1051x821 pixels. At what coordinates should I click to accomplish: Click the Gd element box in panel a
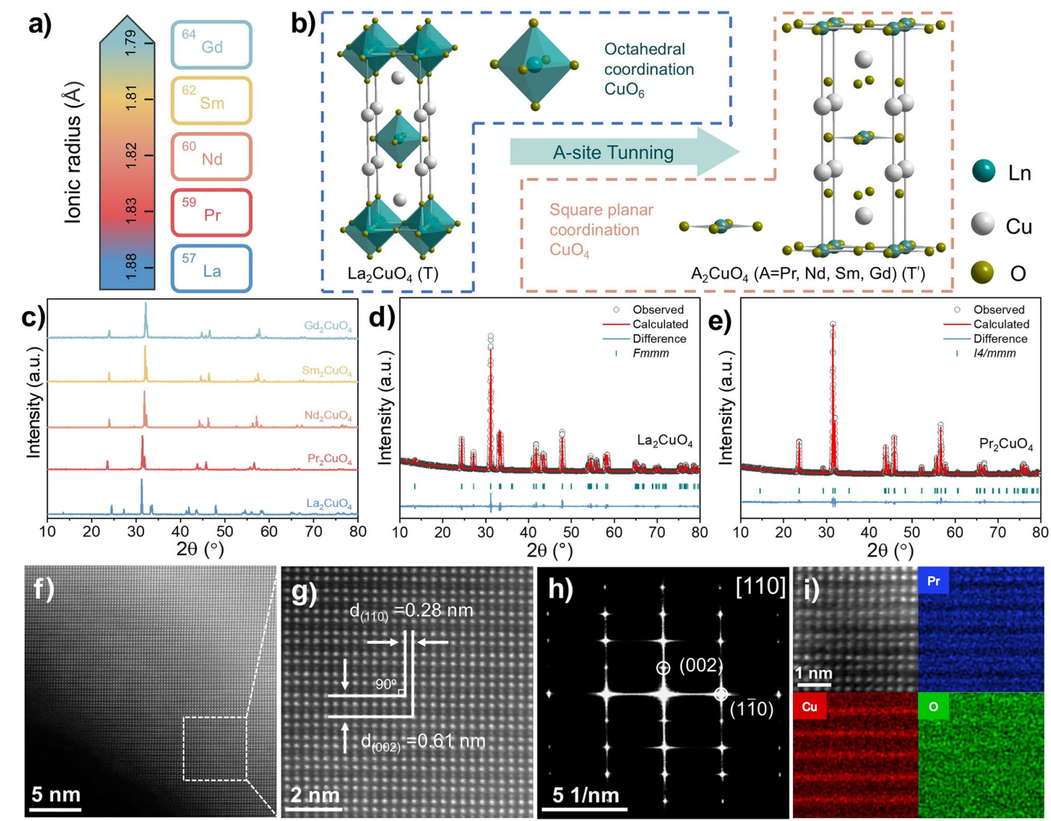(x=211, y=45)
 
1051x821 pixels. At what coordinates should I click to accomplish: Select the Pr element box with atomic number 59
(x=211, y=212)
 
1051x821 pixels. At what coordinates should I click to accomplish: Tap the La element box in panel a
(x=211, y=268)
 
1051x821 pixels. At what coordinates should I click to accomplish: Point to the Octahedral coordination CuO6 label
(x=648, y=69)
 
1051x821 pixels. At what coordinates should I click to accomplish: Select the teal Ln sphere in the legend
(x=984, y=172)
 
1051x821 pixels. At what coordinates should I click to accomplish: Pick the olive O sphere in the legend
(x=983, y=272)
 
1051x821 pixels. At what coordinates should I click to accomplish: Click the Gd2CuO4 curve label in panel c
(x=328, y=326)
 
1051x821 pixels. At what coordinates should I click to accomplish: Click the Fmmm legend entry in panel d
(x=650, y=353)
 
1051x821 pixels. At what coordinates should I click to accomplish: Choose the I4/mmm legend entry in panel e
(x=994, y=353)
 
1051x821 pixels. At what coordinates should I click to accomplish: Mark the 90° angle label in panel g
(x=386, y=684)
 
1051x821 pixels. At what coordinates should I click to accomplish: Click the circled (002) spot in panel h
(x=663, y=668)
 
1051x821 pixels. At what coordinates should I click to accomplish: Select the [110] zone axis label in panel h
(x=761, y=587)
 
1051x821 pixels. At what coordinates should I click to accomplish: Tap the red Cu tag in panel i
(x=809, y=707)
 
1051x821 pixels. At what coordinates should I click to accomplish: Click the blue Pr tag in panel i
(x=933, y=581)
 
